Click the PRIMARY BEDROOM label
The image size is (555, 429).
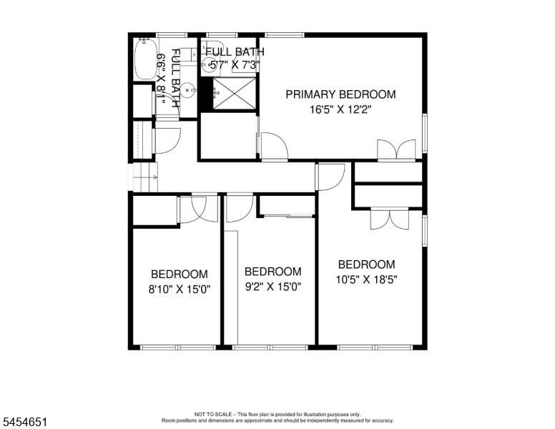point(340,94)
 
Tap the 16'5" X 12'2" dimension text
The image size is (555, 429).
point(340,109)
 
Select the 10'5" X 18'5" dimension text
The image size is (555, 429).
point(366,280)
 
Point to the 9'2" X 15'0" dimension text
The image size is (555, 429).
point(273,286)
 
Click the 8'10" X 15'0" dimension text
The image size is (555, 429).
point(179,290)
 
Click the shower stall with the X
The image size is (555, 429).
point(234,94)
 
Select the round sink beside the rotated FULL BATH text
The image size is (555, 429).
point(188,90)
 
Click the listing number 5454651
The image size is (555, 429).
point(25,422)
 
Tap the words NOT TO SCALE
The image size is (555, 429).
point(213,414)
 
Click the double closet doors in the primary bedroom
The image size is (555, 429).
point(396,149)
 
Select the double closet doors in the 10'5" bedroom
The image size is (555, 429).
point(390,220)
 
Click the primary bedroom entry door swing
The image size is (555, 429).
point(275,146)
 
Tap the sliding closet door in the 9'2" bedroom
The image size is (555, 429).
point(288,215)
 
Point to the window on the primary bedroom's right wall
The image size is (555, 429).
point(425,133)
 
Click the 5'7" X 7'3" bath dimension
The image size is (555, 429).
point(235,65)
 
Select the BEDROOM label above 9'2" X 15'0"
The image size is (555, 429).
point(273,272)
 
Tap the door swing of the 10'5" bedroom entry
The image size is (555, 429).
point(330,177)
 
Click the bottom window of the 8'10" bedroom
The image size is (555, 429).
point(178,347)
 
